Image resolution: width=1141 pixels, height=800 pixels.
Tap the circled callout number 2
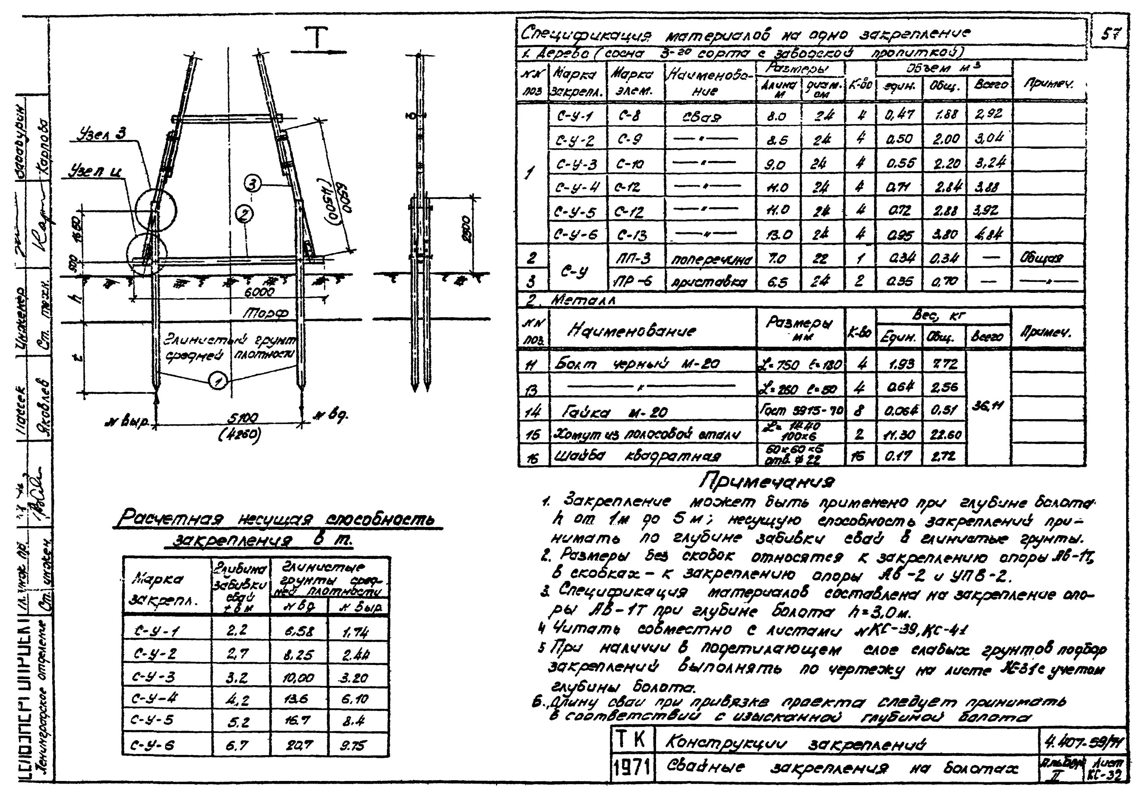[x=245, y=215]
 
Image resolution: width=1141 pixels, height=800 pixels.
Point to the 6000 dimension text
[x=258, y=293]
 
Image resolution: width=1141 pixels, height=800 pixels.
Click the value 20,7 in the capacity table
[x=299, y=745]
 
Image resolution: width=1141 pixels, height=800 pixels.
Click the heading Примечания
[x=768, y=480]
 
